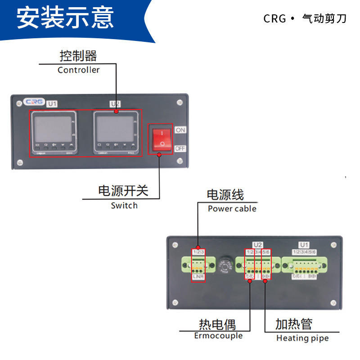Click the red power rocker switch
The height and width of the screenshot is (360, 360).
tap(162, 139)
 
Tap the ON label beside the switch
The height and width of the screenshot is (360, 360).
tap(180, 130)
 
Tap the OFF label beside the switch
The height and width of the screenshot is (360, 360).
tap(180, 148)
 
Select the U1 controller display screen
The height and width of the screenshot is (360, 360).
tap(53, 128)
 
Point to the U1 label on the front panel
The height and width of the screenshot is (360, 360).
tap(53, 104)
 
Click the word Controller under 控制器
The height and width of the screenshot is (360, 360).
tap(79, 70)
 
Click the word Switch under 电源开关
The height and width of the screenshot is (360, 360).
tap(124, 206)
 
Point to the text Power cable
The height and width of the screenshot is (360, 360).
tap(232, 209)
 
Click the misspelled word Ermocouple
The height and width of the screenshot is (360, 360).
tap(218, 336)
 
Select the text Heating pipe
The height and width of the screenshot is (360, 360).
tap(302, 338)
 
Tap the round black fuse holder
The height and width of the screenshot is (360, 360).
tap(225, 265)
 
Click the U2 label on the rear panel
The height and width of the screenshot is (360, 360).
tap(257, 245)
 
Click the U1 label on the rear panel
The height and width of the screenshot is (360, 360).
tap(305, 245)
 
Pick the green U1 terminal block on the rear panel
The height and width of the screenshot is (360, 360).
tap(305, 265)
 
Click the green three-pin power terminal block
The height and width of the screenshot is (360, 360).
tap(198, 265)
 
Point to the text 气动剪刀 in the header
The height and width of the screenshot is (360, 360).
tap(324, 19)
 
